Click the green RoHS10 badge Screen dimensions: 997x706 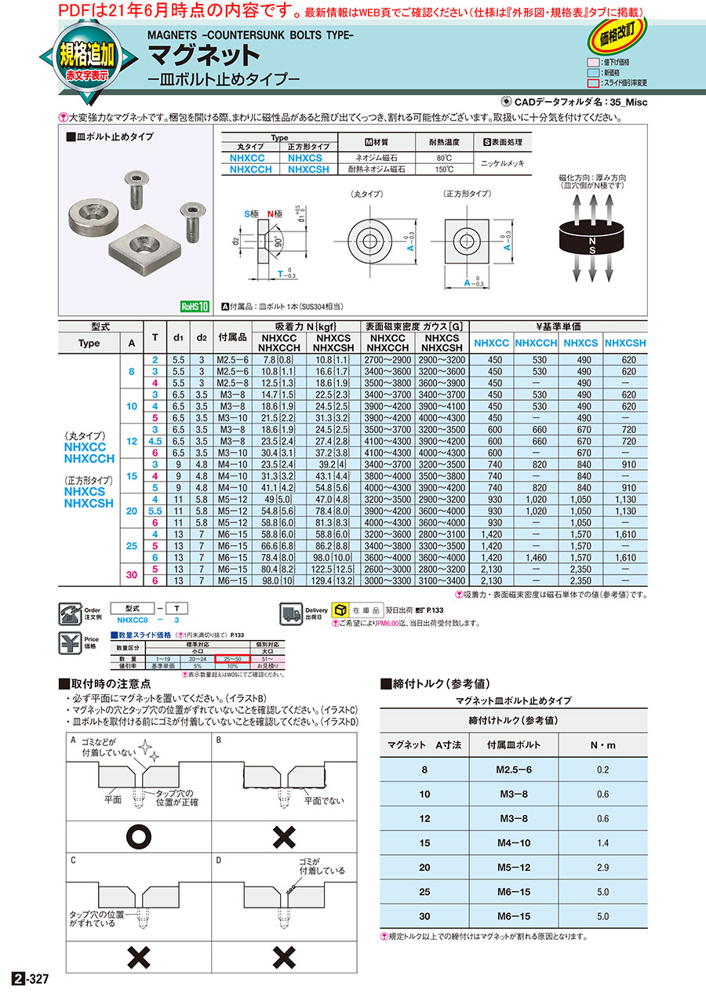point(194,307)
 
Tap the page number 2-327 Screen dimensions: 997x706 point(31,979)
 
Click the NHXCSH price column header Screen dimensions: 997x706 point(626,343)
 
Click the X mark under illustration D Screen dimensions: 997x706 point(284,957)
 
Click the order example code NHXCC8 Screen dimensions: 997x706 point(134,620)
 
